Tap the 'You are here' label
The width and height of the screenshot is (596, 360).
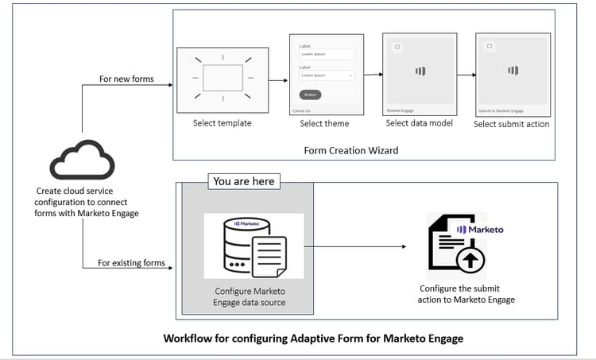coord(243,181)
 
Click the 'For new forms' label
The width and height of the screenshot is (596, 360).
coord(126,79)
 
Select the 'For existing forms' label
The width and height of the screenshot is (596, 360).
coord(131,263)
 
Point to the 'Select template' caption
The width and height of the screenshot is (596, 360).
coord(222,124)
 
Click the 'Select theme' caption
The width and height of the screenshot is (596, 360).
coord(324,124)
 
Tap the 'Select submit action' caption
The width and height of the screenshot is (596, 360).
coord(511,125)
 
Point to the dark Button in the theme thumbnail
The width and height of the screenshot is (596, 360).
coord(310,95)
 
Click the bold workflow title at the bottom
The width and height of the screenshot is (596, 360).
coord(313,339)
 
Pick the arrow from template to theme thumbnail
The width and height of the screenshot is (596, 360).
coord(277,79)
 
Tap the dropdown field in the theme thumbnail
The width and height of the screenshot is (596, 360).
coord(326,75)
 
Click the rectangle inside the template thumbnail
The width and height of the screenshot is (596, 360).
coord(223,78)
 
